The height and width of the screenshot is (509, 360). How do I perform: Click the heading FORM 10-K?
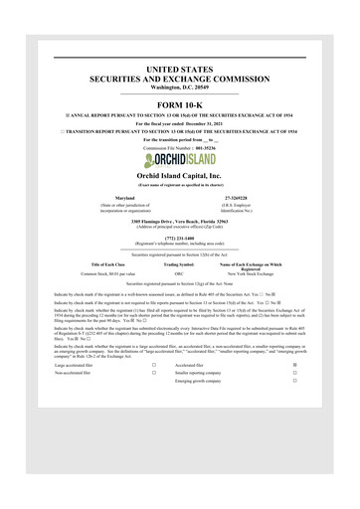(179, 104)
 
